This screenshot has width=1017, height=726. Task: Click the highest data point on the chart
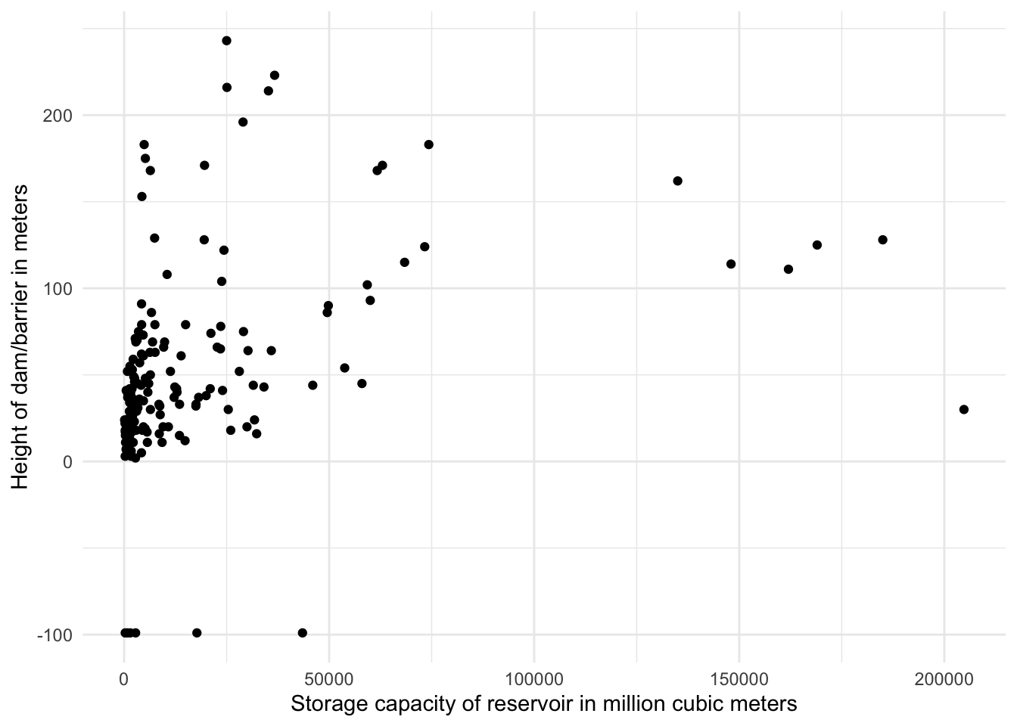226,41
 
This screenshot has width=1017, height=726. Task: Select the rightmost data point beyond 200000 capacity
963,409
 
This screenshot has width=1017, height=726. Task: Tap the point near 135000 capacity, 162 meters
677,181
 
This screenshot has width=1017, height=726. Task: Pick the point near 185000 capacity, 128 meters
882,240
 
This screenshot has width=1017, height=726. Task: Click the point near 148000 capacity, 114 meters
731,264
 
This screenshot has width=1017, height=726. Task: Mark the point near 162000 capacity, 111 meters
788,269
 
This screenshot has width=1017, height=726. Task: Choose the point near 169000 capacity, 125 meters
817,245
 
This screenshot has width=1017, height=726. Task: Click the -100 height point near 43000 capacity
303,633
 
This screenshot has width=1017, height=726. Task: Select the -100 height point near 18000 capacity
197,633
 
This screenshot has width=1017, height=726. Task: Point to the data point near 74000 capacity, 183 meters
428,144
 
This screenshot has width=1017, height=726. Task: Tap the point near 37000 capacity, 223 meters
275,76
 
